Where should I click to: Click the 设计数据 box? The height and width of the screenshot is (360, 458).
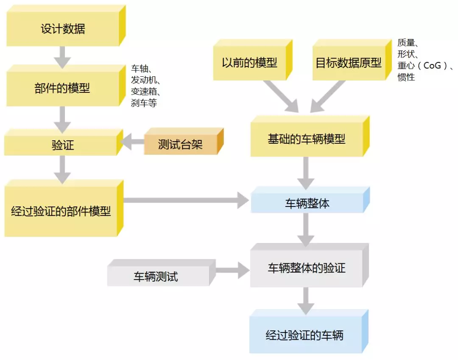pos(62,29)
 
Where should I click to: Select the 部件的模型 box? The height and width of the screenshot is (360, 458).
pos(62,89)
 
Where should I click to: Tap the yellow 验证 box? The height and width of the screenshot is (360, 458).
pos(63,145)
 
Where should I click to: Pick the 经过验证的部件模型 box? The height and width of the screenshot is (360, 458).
pos(61,211)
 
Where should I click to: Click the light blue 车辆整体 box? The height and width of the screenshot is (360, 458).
pos(307,204)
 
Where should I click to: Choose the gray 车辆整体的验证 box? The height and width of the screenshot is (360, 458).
pos(306,268)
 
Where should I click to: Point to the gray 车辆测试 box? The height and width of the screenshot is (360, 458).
pos(156,277)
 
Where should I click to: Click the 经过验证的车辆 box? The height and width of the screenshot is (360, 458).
pos(304,336)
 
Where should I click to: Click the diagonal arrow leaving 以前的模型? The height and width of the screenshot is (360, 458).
pos(281,97)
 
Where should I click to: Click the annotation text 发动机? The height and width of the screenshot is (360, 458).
pos(145,80)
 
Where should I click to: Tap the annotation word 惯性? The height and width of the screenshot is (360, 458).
pos(406,78)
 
